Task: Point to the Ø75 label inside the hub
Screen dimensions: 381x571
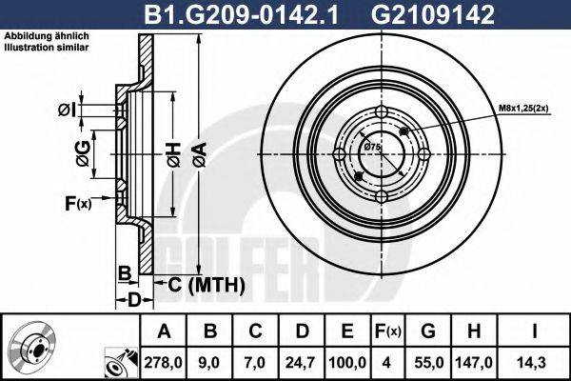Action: (x=372, y=147)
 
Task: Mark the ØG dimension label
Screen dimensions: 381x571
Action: (x=84, y=151)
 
